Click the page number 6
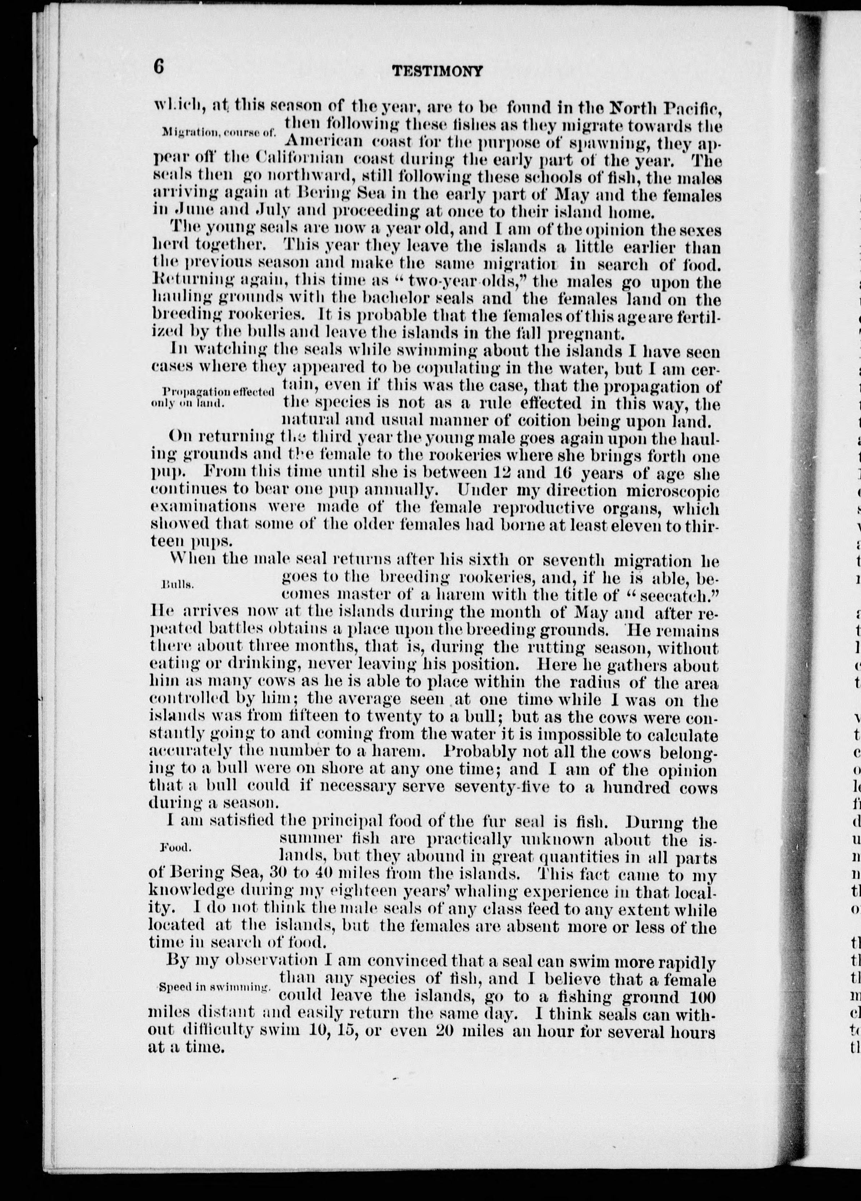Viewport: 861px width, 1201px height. (x=159, y=67)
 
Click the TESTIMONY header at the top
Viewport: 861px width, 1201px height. (x=437, y=71)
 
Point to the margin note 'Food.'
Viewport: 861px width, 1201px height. (x=175, y=847)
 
